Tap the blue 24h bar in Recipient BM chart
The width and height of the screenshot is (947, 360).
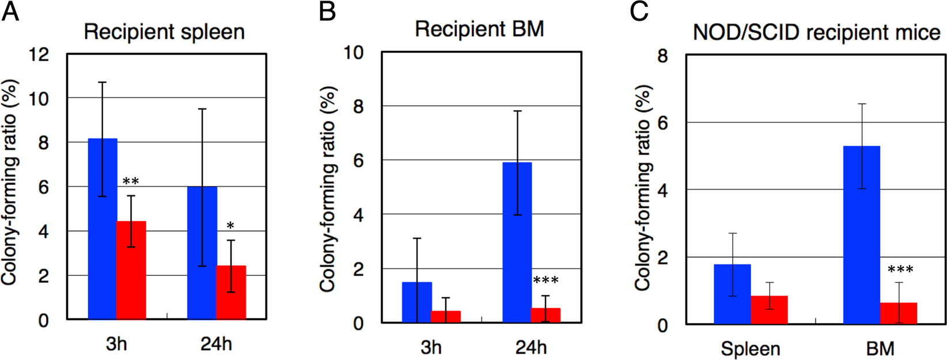517,242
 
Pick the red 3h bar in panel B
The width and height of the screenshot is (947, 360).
446,317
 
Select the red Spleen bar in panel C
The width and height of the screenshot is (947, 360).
769,310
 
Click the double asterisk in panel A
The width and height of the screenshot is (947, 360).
131,182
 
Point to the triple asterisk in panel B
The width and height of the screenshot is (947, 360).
546,281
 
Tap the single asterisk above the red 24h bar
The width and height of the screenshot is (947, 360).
230,226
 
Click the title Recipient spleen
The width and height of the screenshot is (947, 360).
164,32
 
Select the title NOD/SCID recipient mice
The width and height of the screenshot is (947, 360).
816,33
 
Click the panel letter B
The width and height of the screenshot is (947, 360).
327,12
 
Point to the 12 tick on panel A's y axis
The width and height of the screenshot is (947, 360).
40,55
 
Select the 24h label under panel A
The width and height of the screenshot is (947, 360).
216,344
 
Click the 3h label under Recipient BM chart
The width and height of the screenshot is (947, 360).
431,347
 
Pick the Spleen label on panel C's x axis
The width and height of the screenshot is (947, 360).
751,348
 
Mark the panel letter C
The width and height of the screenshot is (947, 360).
639,12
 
